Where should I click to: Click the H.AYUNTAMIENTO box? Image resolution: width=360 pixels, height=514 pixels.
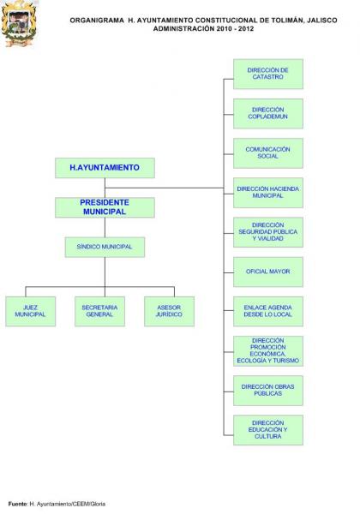click(x=105, y=168)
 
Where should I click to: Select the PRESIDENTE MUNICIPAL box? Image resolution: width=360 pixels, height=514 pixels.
click(x=105, y=207)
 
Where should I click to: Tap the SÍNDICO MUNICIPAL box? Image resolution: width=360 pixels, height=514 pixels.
click(x=105, y=248)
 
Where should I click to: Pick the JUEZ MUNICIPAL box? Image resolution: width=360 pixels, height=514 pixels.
click(x=31, y=312)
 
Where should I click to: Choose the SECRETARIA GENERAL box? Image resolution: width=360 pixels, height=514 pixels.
click(x=99, y=312)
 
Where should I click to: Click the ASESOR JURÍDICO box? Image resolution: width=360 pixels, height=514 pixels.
click(x=169, y=312)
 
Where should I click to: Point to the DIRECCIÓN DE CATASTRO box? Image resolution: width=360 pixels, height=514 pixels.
click(x=268, y=74)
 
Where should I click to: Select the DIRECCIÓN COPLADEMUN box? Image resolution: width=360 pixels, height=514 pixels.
click(x=268, y=113)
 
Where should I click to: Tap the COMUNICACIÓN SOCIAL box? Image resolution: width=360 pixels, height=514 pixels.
click(x=268, y=153)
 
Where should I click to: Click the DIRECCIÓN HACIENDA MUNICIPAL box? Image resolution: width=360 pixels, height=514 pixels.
click(x=268, y=193)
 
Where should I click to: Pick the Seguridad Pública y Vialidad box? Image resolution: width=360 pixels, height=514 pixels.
click(x=268, y=232)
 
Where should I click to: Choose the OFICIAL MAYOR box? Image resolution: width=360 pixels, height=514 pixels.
click(x=268, y=272)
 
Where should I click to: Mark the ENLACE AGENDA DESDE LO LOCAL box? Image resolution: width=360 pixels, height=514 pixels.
click(x=268, y=312)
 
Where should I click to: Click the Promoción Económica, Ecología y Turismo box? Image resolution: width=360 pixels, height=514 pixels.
click(x=268, y=351)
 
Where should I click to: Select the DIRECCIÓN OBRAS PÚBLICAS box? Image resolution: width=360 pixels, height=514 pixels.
click(x=268, y=391)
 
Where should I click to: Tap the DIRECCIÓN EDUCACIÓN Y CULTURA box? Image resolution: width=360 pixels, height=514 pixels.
click(x=268, y=430)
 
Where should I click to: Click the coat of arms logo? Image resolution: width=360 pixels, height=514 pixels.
click(x=19, y=24)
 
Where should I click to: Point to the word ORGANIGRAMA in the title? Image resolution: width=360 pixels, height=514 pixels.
click(x=97, y=21)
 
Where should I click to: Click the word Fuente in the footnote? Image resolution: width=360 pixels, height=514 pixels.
click(x=18, y=504)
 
